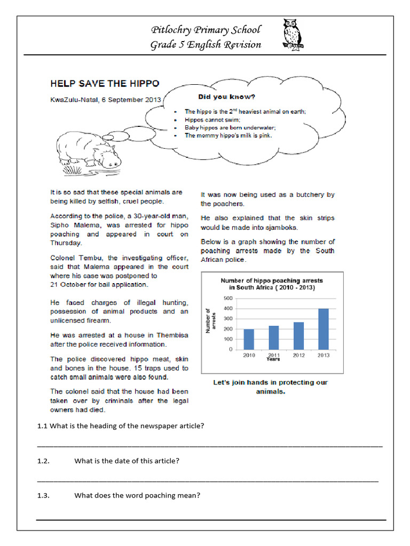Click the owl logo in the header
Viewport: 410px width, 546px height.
[292, 34]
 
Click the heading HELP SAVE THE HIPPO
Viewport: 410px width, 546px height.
[105, 84]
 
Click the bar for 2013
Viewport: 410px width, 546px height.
[324, 329]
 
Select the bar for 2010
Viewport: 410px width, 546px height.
[249, 339]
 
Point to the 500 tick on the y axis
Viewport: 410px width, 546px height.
[228, 298]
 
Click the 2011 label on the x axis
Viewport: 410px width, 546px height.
[273, 355]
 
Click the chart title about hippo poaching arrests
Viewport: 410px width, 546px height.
[272, 284]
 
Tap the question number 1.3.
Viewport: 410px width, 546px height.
[43, 495]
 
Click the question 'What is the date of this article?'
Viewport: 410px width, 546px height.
[127, 461]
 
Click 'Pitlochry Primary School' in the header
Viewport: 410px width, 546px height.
[206, 30]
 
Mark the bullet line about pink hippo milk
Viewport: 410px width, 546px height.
[228, 135]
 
